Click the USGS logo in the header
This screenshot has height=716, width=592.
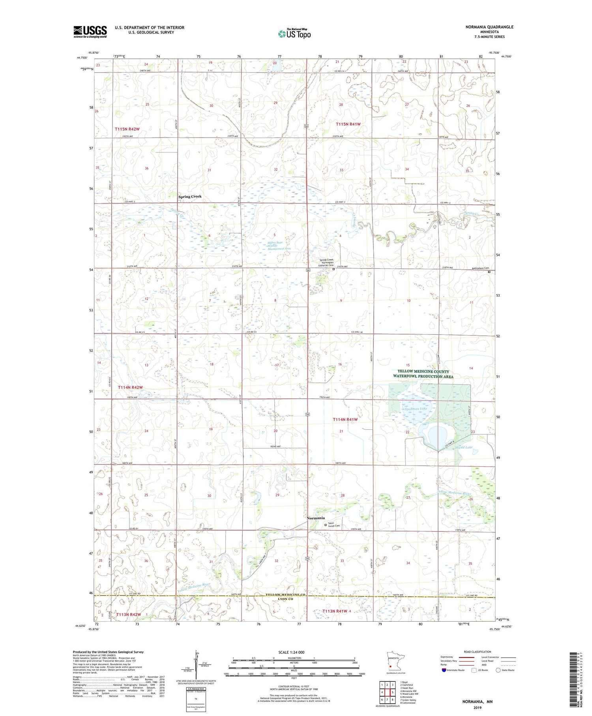tap(90, 32)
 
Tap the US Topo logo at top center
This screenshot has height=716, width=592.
tap(294, 34)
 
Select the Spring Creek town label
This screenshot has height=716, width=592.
tap(190, 196)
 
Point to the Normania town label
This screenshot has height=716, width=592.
tap(316, 518)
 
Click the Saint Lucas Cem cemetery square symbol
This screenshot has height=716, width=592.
tap(326, 525)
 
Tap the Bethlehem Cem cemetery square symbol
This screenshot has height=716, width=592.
tap(489, 272)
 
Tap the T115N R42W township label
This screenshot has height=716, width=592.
tap(127, 129)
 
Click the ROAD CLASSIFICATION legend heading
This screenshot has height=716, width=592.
tap(478, 652)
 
